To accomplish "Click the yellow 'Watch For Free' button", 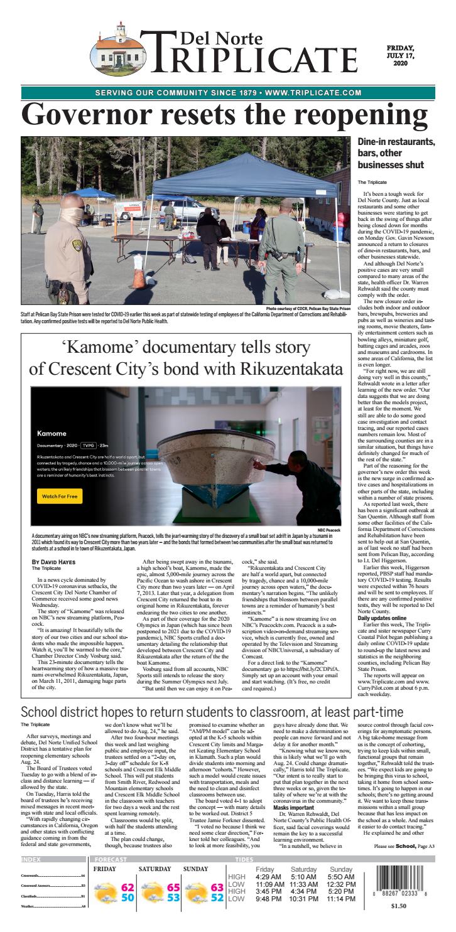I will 60,496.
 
